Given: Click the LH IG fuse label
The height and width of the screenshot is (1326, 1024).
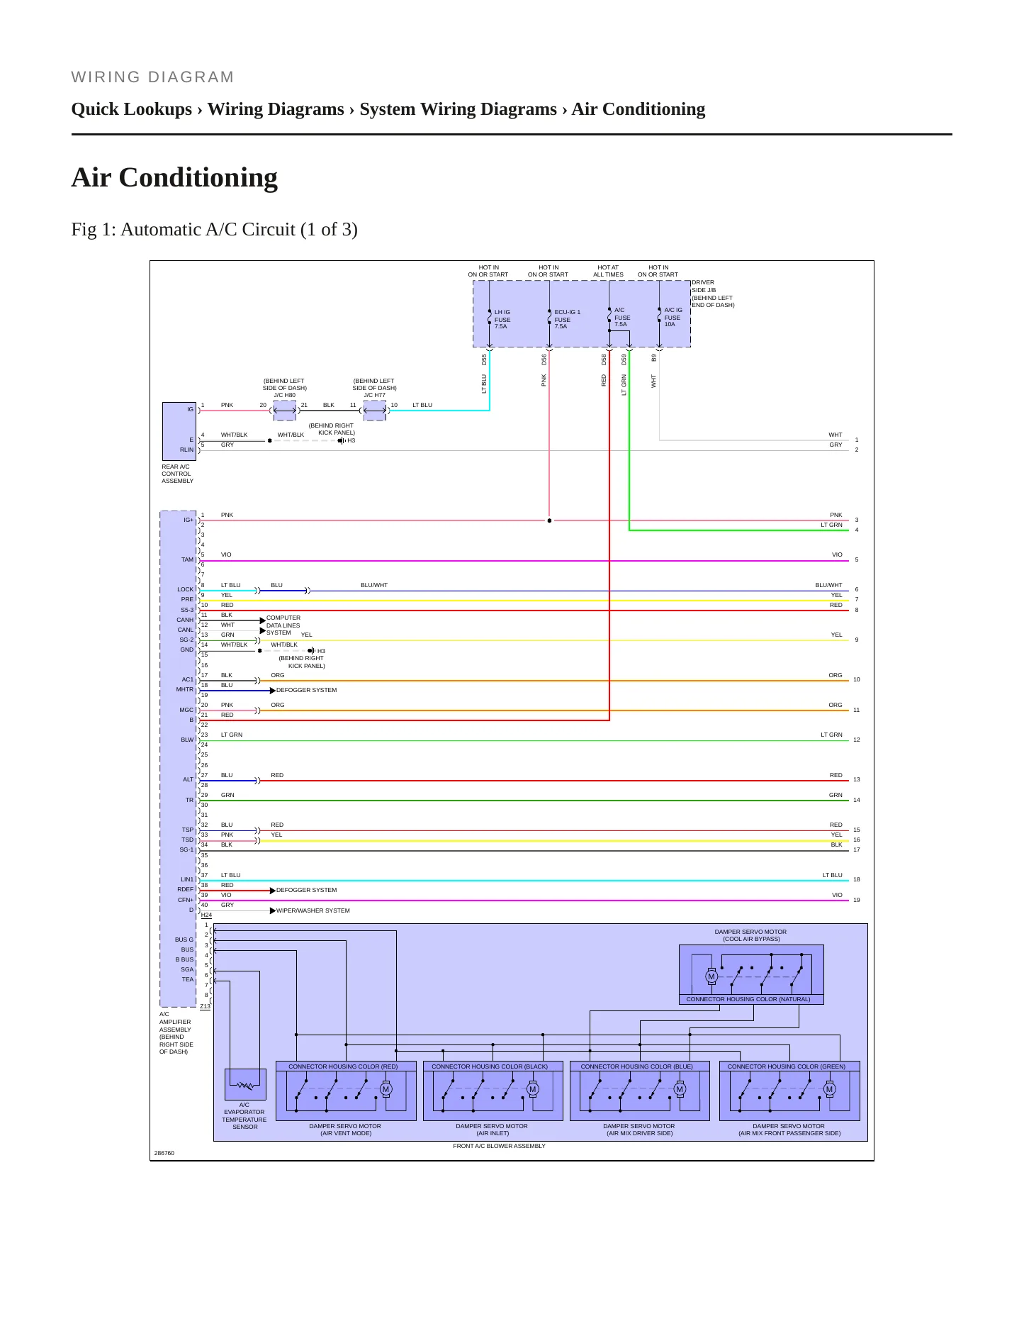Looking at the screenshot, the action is coord(502,319).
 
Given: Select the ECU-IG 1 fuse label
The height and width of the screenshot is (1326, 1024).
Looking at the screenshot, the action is coord(567,319).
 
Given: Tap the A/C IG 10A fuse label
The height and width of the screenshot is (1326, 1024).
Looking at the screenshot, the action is coord(673,317).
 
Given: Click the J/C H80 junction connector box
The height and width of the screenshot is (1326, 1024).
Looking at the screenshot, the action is coord(285,411).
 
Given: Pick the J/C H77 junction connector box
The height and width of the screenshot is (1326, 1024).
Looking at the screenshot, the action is coord(375,411).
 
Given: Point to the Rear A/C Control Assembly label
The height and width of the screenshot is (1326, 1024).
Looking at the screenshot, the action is coord(177,474).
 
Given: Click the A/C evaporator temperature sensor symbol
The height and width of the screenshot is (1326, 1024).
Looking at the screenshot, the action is coord(245,1084).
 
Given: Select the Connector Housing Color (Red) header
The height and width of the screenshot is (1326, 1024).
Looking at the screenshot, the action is coord(343,1066).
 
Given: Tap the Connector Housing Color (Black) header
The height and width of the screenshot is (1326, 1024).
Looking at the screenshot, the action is coord(490,1066).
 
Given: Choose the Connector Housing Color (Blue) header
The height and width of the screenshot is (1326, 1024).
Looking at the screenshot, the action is coord(637,1066).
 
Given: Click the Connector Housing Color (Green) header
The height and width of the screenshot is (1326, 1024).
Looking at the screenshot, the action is coord(787,1066).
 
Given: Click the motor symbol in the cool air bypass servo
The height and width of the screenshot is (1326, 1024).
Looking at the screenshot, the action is coord(711,976).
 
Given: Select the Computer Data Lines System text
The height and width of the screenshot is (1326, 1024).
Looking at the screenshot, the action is coord(283,625).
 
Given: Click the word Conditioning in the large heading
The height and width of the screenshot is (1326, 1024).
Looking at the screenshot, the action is coord(198,177).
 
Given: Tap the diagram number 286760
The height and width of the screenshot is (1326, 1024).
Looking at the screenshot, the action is coord(164,1153).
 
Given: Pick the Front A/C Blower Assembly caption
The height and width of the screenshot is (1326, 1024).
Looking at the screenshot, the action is coord(500,1146).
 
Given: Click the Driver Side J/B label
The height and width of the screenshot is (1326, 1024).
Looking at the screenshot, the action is coord(713,294).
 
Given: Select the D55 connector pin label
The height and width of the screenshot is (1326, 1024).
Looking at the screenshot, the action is coord(485,360).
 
